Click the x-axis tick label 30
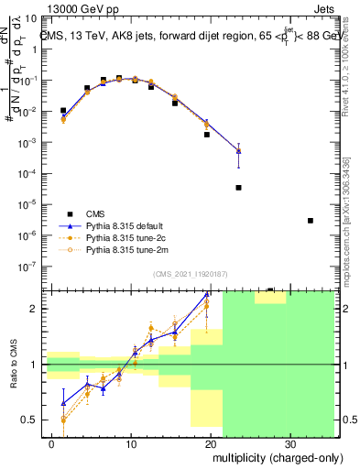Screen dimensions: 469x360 pos(289,442)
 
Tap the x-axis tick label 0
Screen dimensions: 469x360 pos(52,442)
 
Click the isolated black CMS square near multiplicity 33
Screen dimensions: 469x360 pos(311,221)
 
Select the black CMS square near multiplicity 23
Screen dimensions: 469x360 pos(238,188)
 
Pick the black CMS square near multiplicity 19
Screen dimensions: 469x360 pos(207,135)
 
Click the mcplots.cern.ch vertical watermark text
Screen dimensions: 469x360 pos(351,230)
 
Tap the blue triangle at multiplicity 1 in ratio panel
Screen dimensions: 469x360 pos(63,402)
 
